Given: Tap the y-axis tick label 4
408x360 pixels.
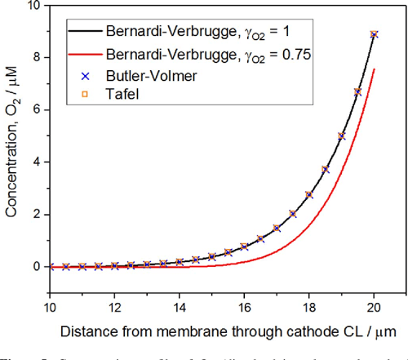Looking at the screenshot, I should (x=36, y=162).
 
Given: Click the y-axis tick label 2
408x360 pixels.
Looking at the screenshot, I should (x=36, y=215).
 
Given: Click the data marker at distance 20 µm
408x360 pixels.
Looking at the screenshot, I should (x=375, y=34).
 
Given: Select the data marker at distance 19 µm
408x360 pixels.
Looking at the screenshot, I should (x=342, y=136).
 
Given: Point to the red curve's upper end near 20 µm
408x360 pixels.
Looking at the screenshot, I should (x=375, y=70).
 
